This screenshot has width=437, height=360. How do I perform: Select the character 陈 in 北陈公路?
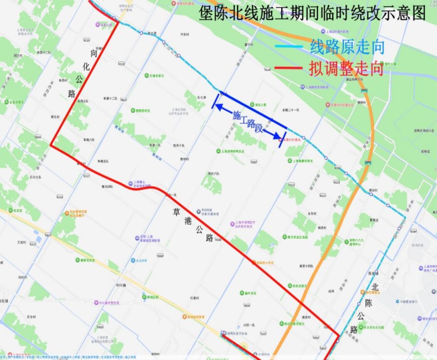[x=369, y=302]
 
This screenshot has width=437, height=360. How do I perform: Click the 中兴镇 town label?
[x=120, y=285]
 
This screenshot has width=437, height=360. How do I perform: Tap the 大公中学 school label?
[x=142, y=261]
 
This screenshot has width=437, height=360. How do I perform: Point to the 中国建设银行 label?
[x=408, y=301]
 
